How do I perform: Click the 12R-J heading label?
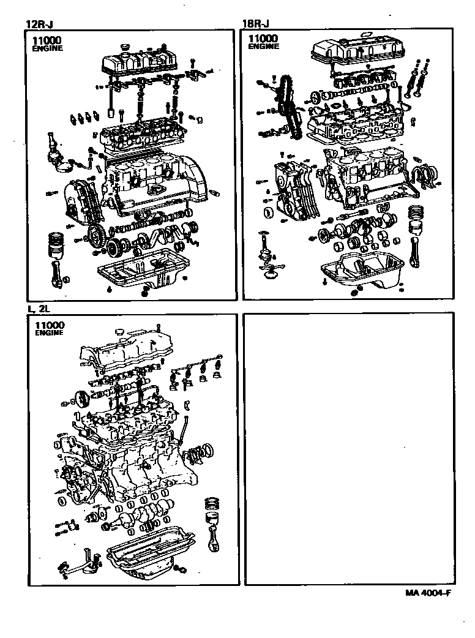tap(37, 24)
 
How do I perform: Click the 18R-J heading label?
tap(256, 24)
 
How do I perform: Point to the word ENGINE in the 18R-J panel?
tap(264, 47)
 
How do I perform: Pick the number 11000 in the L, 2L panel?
tap(51, 325)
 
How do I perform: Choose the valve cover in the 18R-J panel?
tap(353, 51)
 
